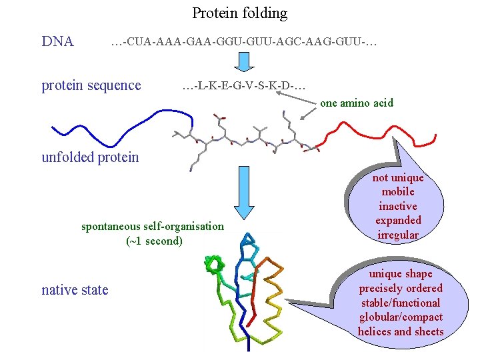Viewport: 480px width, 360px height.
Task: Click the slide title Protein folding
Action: coord(239,13)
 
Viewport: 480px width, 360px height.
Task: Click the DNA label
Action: coord(57,42)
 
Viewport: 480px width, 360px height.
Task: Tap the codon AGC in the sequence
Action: coord(295,43)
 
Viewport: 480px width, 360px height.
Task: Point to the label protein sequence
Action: coord(91,85)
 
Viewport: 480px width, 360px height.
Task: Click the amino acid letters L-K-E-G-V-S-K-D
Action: coord(244,86)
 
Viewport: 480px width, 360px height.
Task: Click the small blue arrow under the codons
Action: coord(243,61)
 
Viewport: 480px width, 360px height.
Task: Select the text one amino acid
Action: coord(356,103)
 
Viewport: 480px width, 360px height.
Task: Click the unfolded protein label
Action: coord(90,157)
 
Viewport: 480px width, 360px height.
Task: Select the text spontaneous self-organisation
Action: coord(153,226)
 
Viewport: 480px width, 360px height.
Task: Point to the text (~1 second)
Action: coord(153,241)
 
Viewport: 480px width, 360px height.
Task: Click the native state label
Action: coord(75,289)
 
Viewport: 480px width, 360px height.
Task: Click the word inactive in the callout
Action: coord(398,206)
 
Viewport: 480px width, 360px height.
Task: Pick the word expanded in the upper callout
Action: coord(398,220)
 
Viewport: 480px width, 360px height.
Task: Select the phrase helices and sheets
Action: coord(400,331)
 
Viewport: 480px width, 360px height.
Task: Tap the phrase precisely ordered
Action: coord(400,288)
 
